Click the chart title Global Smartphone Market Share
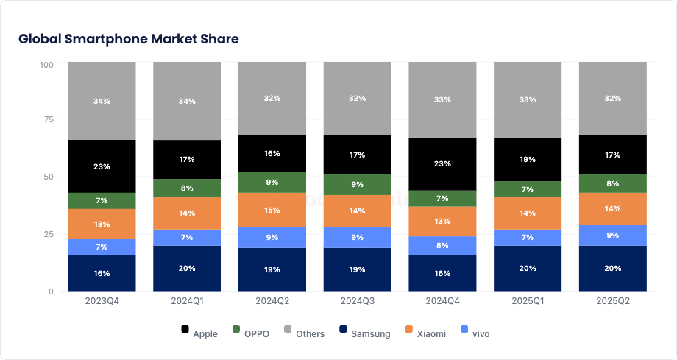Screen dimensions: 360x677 tap(129, 39)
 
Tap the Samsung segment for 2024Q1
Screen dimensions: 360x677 tap(187, 269)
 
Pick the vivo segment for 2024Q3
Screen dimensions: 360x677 tap(358, 238)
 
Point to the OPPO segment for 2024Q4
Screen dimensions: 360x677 tap(443, 198)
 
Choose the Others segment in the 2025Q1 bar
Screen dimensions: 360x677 tap(528, 99)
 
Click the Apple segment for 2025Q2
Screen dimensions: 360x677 tap(613, 155)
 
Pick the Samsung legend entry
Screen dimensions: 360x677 tap(364, 333)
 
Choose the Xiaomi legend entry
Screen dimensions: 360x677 tap(424, 333)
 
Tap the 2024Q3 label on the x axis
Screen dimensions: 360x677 tap(358, 301)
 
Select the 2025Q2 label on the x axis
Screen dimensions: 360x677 tap(613, 301)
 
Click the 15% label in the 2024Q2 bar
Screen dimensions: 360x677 tap(272, 211)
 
